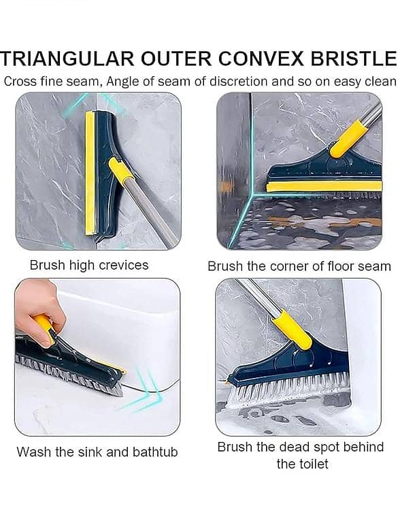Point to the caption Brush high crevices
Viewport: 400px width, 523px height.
89,265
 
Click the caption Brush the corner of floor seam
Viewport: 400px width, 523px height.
299,266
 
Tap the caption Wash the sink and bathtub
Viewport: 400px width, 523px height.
97,451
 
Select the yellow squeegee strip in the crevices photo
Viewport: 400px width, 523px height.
90,173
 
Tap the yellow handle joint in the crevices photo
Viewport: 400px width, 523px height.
122,172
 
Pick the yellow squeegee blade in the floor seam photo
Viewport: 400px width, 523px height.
323,186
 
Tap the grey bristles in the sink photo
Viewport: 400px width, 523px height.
69,371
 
